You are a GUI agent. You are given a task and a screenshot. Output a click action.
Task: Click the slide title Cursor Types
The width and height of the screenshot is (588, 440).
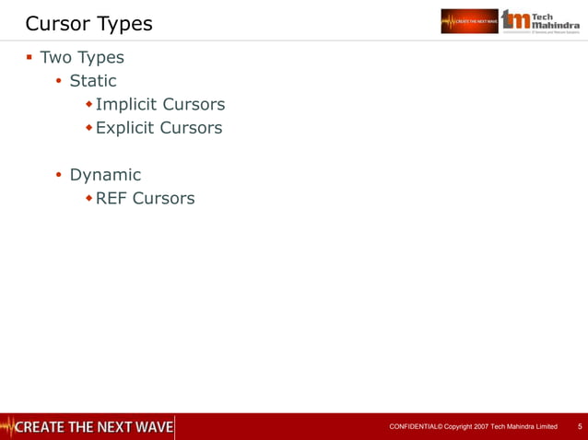click(88, 22)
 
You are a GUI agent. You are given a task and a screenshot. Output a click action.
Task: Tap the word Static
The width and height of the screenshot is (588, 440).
click(93, 81)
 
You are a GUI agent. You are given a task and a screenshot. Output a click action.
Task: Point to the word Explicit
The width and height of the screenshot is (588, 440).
click(125, 128)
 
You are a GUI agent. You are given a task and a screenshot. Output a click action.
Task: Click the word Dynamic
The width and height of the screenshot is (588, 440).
click(105, 174)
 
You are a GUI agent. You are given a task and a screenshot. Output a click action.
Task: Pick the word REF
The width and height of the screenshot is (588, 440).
click(112, 198)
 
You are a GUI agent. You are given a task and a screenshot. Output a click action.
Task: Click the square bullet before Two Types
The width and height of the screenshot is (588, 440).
click(29, 57)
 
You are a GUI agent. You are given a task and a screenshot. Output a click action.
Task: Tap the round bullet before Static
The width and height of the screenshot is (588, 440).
click(58, 82)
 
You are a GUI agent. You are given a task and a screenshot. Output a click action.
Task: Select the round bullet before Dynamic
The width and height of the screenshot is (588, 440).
click(58, 175)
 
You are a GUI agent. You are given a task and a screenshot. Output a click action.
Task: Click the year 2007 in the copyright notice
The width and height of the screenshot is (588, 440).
click(478, 427)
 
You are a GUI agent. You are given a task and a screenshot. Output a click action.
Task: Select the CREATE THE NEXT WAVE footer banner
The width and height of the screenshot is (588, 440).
click(88, 426)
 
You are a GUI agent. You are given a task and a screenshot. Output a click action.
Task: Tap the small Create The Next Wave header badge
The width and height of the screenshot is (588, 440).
click(469, 20)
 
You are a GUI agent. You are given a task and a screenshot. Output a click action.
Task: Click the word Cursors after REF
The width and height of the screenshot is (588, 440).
click(163, 198)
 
